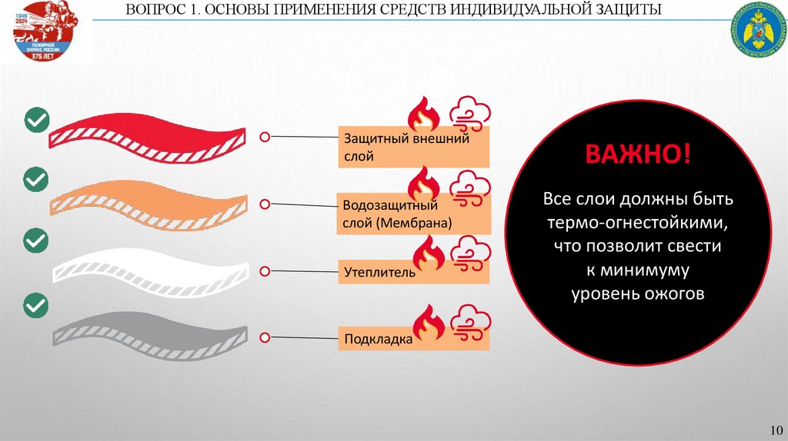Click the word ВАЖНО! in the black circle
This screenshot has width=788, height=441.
point(638,153)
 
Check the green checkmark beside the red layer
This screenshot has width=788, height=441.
point(36,121)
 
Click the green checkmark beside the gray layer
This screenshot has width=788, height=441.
point(36,305)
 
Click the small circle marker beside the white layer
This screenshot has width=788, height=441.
point(264,270)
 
